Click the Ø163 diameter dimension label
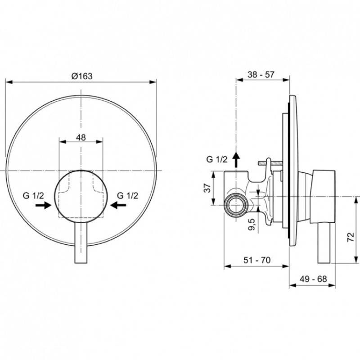(82, 76)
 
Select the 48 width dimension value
(81, 138)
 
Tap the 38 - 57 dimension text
(261, 74)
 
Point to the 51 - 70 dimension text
(257, 260)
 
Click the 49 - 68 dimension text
(313, 279)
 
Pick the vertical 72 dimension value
(351, 237)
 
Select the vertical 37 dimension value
(207, 188)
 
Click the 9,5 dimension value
(252, 225)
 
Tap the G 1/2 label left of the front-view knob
(33, 196)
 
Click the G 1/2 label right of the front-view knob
(128, 196)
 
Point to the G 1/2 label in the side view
(217, 159)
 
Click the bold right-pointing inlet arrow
(43, 205)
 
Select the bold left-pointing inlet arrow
(118, 205)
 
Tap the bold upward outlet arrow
(236, 160)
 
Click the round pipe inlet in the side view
(236, 204)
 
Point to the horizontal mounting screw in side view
(270, 163)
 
